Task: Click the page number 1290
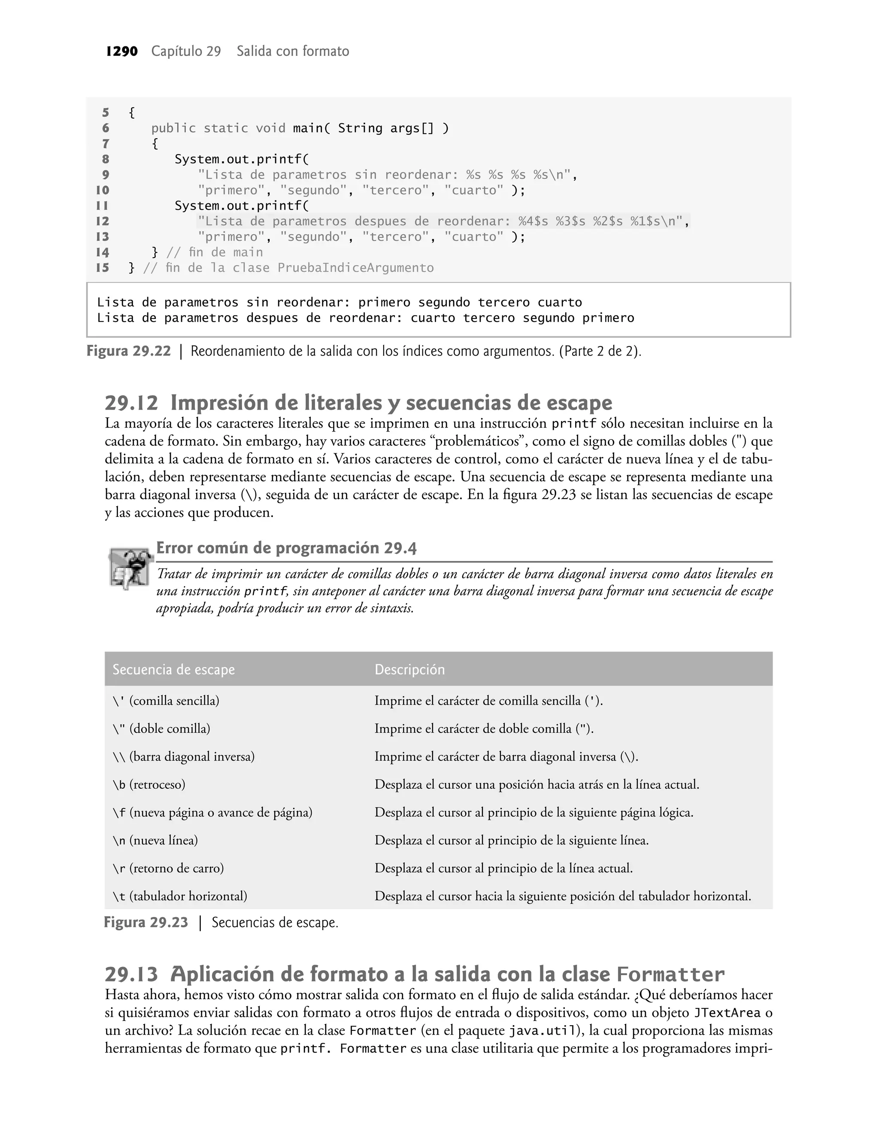pos(121,52)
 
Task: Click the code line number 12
pos(103,221)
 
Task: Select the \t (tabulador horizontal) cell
pos(179,896)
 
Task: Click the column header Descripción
pos(409,669)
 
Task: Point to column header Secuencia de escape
pos(173,669)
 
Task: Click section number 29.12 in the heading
pos(131,403)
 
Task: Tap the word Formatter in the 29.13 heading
pos(670,974)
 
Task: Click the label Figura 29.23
pos(146,922)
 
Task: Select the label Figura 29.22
pos(129,352)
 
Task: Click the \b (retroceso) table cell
pos(149,784)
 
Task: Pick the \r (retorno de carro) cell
pos(168,868)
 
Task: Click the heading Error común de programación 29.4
pos(286,548)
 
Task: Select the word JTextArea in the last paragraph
pos(727,1013)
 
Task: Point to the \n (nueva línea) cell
pos(155,841)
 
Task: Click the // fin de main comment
pos(215,252)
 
